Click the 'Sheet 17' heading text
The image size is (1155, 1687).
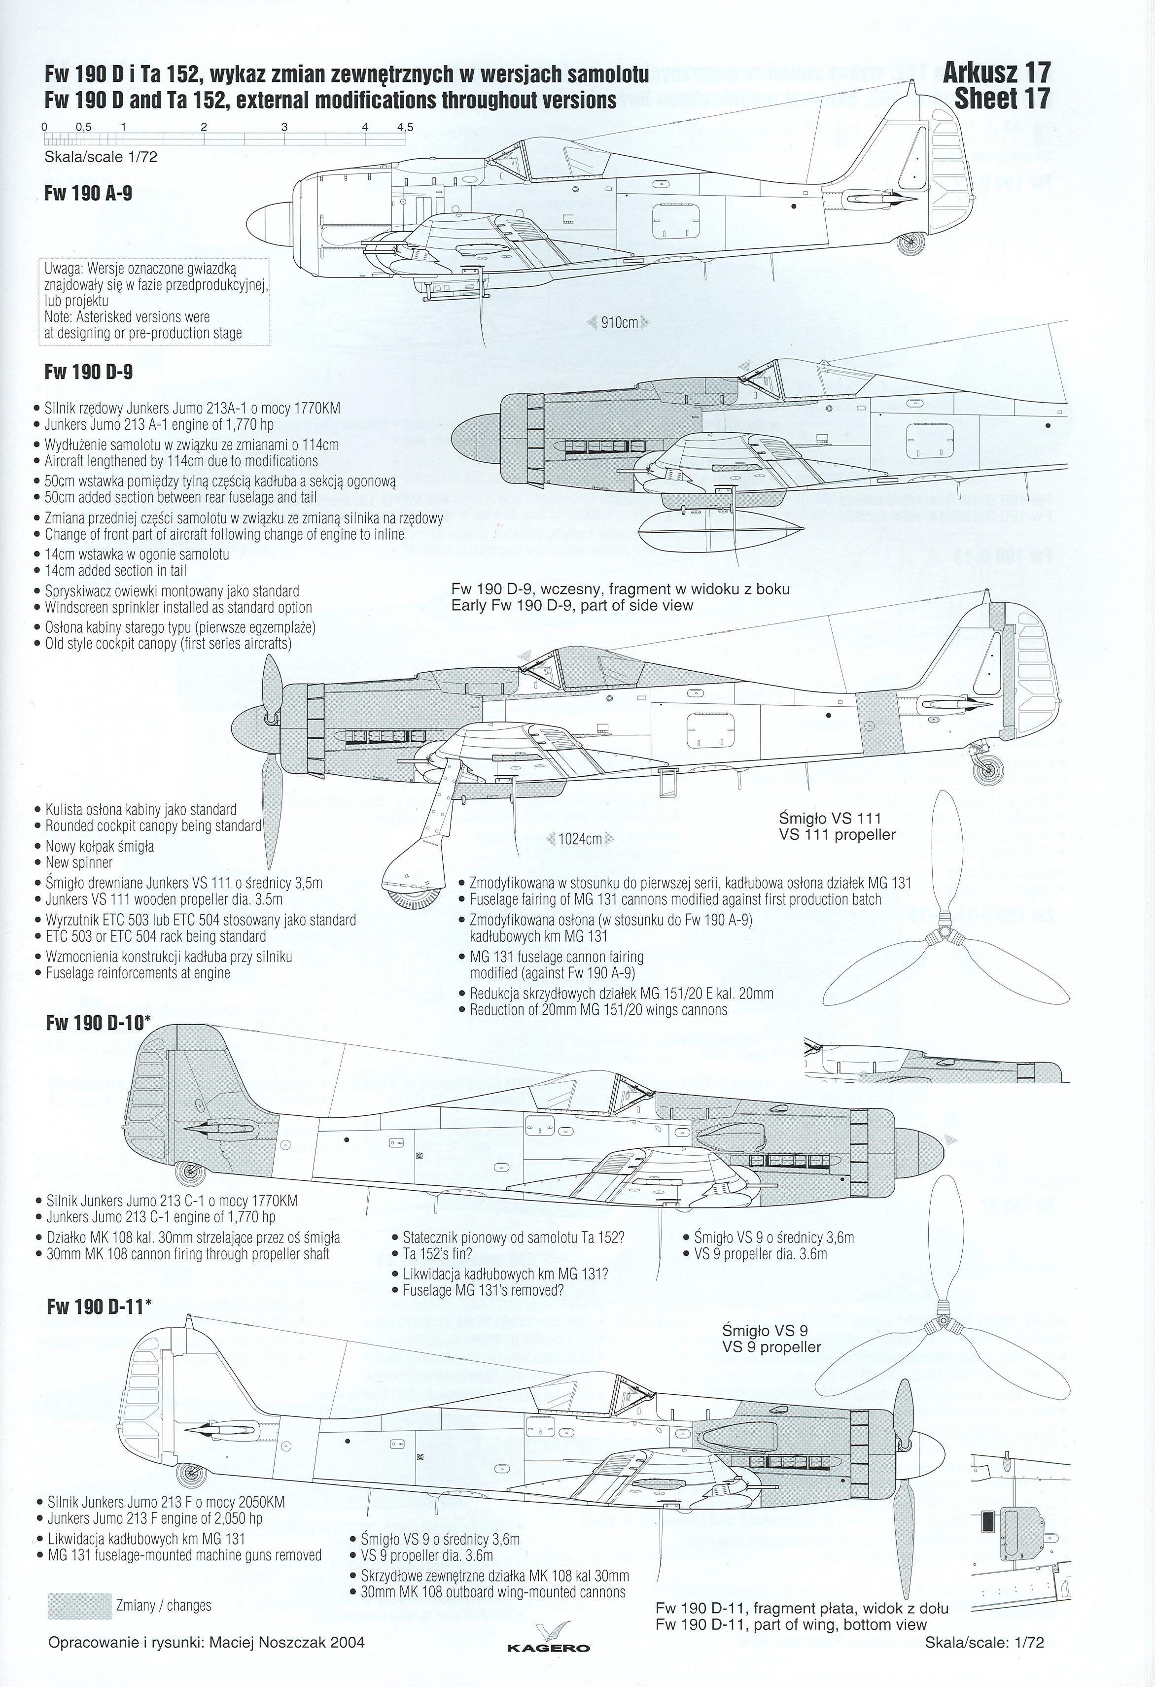(1002, 98)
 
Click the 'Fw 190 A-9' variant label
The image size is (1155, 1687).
(88, 194)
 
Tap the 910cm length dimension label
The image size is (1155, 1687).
(619, 322)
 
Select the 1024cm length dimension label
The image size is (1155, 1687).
(580, 839)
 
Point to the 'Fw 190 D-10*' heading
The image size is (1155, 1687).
(98, 1023)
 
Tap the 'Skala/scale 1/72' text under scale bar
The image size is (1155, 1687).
(101, 157)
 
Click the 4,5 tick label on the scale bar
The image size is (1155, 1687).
(404, 127)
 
